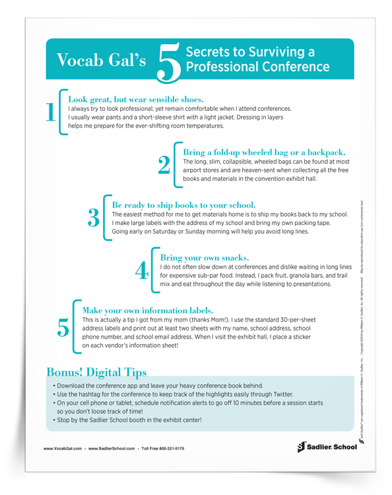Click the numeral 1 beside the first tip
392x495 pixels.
(x=50, y=112)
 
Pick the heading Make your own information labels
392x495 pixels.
(x=148, y=310)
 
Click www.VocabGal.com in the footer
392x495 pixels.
(x=63, y=449)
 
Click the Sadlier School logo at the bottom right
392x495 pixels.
(x=326, y=447)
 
